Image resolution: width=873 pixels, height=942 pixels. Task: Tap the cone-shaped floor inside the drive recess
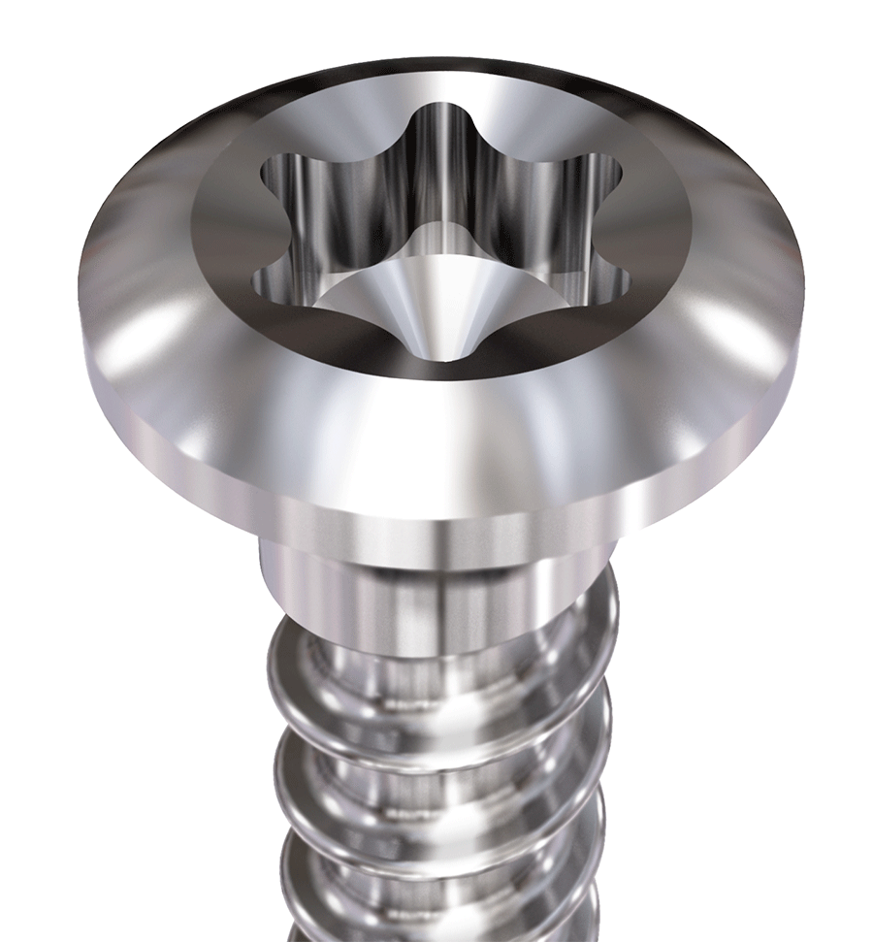[x=427, y=291]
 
